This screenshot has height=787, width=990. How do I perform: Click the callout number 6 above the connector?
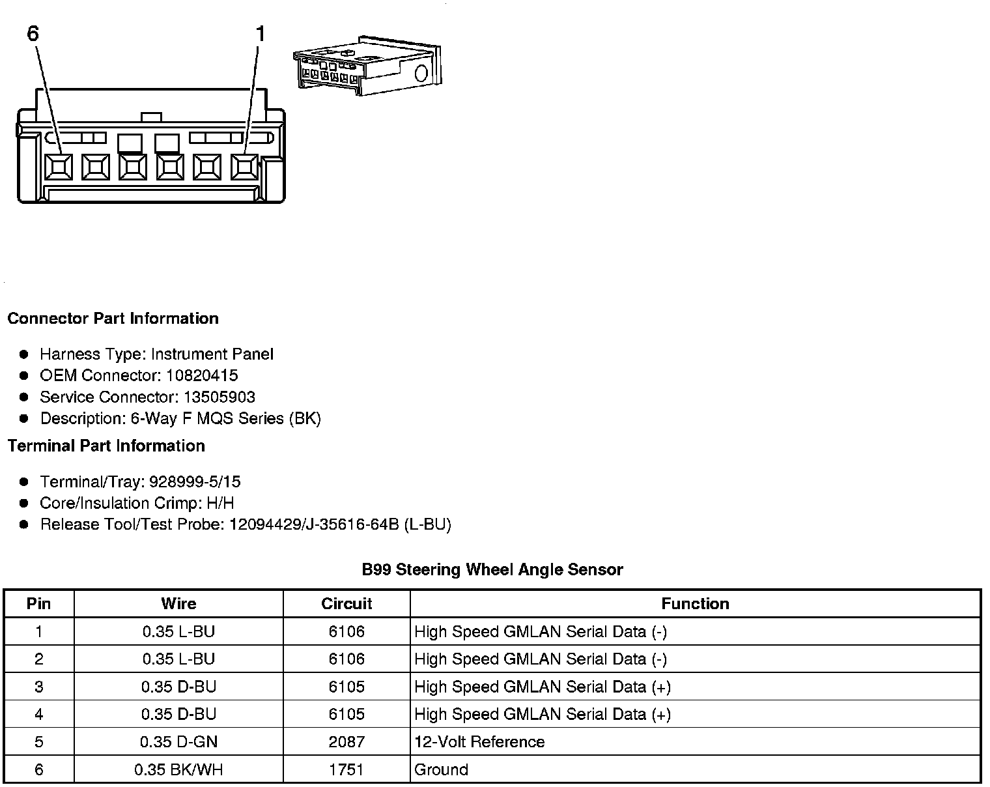click(33, 33)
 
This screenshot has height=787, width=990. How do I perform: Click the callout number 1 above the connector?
click(261, 33)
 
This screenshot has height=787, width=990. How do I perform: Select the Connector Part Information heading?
click(113, 319)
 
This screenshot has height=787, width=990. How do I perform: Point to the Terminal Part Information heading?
click(106, 446)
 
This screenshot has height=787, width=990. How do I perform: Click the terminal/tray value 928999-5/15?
click(195, 481)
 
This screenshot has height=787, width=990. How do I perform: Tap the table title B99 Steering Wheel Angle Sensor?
click(492, 569)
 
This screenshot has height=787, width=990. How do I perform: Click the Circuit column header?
click(346, 603)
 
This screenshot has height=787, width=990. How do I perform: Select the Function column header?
click(695, 603)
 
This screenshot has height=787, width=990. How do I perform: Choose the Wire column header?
click(178, 603)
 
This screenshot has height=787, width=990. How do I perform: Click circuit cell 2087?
click(346, 741)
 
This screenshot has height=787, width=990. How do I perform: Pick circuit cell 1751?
click(346, 769)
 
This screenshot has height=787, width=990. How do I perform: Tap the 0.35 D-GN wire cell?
click(178, 741)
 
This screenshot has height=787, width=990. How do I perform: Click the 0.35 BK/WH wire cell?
click(178, 769)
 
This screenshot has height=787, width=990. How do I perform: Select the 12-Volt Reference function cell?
click(479, 741)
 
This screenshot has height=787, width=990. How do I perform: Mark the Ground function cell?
click(441, 769)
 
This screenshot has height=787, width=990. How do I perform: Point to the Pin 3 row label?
click(39, 687)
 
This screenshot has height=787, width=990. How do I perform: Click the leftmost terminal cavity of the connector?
click(59, 167)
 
